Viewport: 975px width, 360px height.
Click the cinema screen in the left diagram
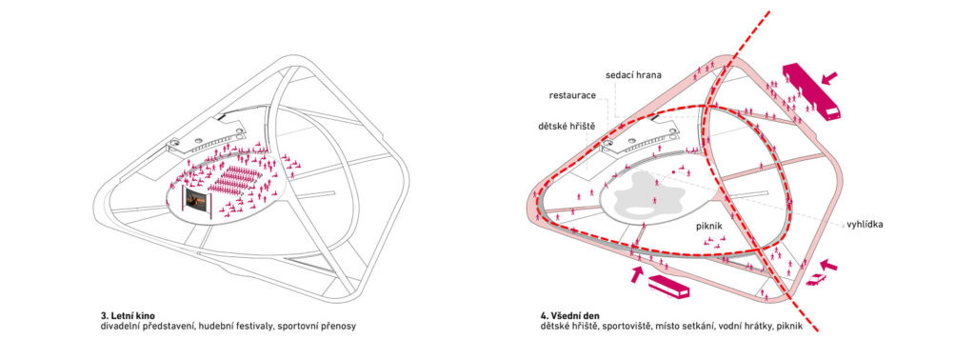(195, 200)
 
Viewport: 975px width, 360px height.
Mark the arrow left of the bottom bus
(637, 274)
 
